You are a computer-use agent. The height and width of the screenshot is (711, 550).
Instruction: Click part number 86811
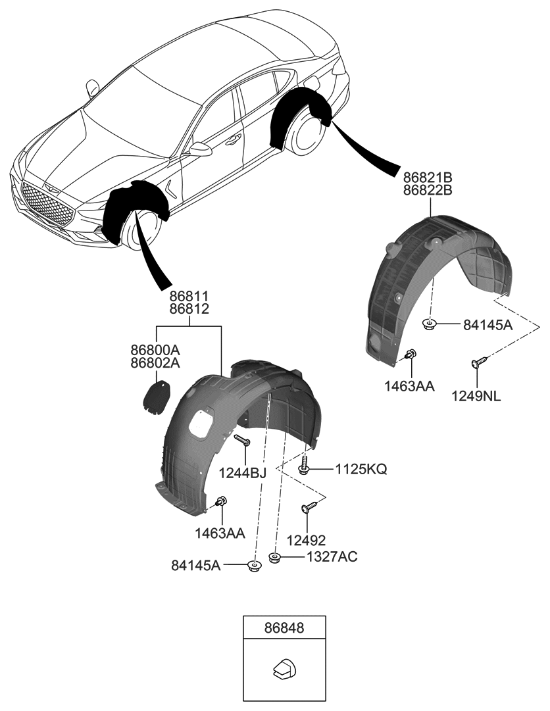pyautogui.click(x=190, y=296)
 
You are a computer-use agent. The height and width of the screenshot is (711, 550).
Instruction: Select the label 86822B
pyautogui.click(x=429, y=191)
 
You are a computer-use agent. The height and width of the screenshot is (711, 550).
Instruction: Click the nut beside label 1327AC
pyautogui.click(x=275, y=558)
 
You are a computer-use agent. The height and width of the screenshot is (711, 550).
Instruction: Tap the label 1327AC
pyautogui.click(x=331, y=558)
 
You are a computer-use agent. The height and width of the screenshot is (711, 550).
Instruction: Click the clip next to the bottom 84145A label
pyautogui.click(x=254, y=565)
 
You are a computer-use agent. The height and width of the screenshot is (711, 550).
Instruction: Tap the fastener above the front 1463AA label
pyautogui.click(x=222, y=503)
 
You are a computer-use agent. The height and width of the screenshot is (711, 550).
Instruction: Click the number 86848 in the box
pyautogui.click(x=284, y=628)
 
